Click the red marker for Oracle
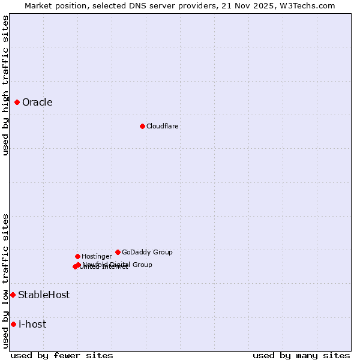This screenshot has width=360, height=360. (x=17, y=102)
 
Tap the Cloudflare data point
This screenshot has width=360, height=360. (x=142, y=126)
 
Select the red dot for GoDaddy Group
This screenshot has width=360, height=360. (x=118, y=252)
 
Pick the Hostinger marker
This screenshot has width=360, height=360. (x=77, y=256)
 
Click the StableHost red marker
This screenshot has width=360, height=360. (x=13, y=295)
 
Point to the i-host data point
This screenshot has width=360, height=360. (x=13, y=324)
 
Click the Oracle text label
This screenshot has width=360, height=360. (x=37, y=102)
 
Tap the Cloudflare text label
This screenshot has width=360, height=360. (x=163, y=126)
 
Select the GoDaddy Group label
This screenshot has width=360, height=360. (x=147, y=252)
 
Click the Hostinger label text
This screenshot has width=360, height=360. (x=97, y=256)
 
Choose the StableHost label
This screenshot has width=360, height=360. (x=44, y=295)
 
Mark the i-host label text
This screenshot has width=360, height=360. (x=32, y=324)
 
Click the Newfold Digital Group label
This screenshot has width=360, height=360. (x=118, y=264)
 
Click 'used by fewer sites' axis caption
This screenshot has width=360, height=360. (x=62, y=355)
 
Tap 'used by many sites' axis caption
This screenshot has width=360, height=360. (x=301, y=355)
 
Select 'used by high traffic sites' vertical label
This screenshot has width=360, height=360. (x=5, y=85)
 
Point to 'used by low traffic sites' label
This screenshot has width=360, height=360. (x=5, y=281)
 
